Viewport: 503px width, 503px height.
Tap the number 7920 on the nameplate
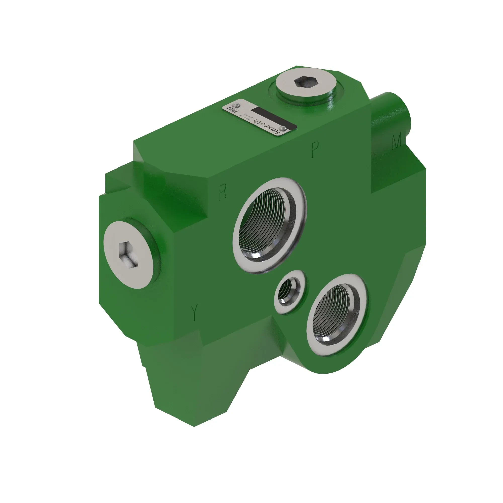pos(232,110)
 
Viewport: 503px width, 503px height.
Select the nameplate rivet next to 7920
pos(236,105)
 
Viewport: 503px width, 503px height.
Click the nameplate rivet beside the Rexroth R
pos(283,129)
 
